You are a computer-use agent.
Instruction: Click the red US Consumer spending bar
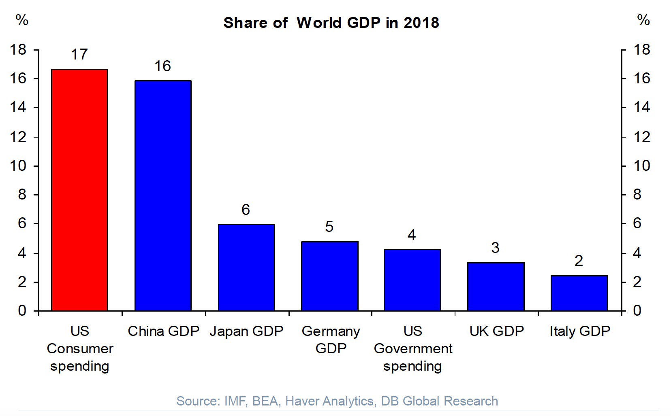click(79, 190)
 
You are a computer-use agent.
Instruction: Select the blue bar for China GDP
click(162, 196)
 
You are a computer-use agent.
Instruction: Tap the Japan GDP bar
click(246, 267)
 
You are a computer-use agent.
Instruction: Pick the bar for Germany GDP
click(329, 276)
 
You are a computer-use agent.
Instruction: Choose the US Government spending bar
click(412, 280)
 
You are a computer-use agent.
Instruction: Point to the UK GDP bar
click(496, 287)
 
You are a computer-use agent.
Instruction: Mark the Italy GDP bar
click(579, 293)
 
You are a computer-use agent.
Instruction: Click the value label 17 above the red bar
click(79, 55)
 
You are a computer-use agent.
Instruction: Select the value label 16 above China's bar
click(162, 66)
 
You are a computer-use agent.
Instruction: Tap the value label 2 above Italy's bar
click(579, 261)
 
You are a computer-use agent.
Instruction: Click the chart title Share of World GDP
click(331, 23)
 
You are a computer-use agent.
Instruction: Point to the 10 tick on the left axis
click(18, 166)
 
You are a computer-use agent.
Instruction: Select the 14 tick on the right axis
click(642, 107)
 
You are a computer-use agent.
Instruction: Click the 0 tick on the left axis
click(22, 310)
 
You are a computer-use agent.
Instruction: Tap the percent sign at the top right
click(643, 20)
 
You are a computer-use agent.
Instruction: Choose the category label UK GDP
click(496, 331)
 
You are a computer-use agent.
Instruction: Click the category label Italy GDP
click(579, 331)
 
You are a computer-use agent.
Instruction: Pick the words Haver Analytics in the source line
click(329, 401)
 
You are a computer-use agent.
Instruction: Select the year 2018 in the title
click(421, 23)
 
